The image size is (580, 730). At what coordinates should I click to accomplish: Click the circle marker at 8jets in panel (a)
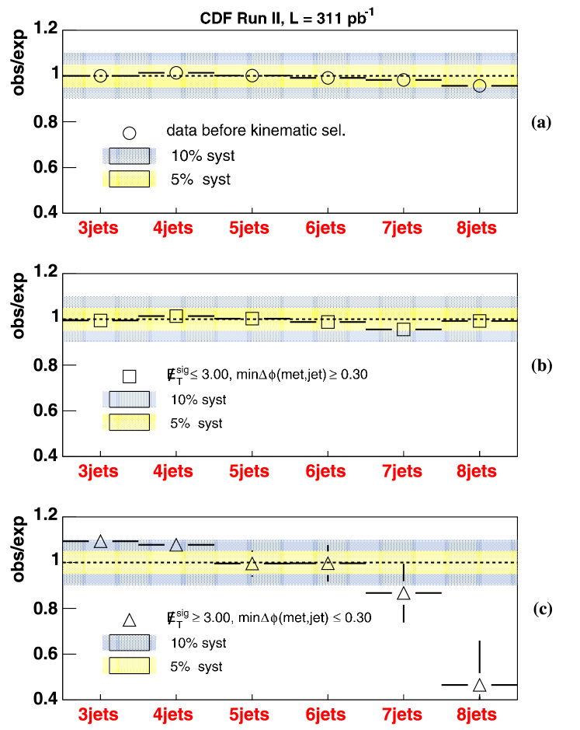click(479, 86)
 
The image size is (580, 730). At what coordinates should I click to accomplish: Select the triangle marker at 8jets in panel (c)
click(479, 685)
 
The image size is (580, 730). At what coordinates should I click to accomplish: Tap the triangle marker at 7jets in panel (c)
click(403, 593)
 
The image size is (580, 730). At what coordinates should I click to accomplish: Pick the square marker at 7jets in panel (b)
click(403, 329)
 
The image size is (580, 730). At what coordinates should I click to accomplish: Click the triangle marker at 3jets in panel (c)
click(100, 541)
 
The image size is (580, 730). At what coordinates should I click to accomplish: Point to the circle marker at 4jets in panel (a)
click(176, 73)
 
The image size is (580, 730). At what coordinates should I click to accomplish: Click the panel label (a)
click(541, 122)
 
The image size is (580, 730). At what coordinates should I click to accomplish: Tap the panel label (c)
click(541, 608)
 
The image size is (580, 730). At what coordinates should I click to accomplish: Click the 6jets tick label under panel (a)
click(327, 230)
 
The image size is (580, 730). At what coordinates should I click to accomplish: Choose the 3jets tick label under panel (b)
click(99, 473)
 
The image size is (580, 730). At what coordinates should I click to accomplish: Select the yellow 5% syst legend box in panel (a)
click(130, 180)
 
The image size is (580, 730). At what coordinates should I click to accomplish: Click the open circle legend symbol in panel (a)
click(130, 132)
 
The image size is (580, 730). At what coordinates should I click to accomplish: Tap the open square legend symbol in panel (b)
click(130, 375)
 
